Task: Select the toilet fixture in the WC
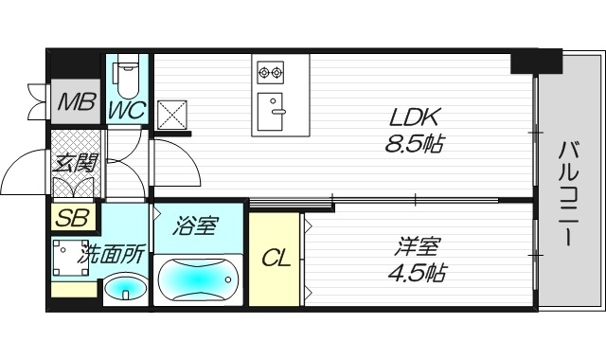[128, 71]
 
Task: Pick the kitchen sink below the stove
[276, 105]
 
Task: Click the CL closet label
[275, 257]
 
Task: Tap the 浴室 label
[197, 226]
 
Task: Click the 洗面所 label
[111, 254]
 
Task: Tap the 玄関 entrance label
[76, 163]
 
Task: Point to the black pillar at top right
[535, 61]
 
